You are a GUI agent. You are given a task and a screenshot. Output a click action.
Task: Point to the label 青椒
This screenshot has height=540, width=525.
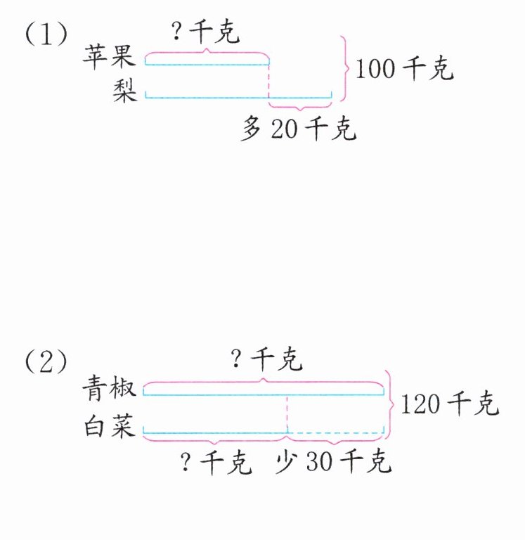click(x=109, y=387)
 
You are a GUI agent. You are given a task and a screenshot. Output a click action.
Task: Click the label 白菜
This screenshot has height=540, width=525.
click(x=109, y=426)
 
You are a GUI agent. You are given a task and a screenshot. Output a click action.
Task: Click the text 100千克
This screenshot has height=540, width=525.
click(x=404, y=69)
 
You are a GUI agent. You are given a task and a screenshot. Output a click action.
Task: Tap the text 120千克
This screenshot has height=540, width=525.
click(x=449, y=404)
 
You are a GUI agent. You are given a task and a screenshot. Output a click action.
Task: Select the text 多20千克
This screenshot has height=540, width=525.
click(x=298, y=129)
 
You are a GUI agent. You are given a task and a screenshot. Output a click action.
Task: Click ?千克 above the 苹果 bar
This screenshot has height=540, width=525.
click(x=206, y=33)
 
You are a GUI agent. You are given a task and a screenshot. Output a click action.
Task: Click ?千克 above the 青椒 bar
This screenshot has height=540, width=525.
click(x=266, y=361)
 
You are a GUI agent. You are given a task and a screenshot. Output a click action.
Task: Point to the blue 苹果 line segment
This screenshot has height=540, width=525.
click(x=207, y=65)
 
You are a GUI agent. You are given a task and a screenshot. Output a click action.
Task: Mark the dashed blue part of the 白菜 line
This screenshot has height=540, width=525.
click(x=336, y=432)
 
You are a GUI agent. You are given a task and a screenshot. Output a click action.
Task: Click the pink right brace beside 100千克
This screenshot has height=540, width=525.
click(x=345, y=68)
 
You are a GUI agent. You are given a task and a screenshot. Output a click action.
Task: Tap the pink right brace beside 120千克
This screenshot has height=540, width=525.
click(x=390, y=404)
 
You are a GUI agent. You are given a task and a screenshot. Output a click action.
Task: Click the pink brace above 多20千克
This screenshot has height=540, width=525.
click(x=301, y=108)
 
